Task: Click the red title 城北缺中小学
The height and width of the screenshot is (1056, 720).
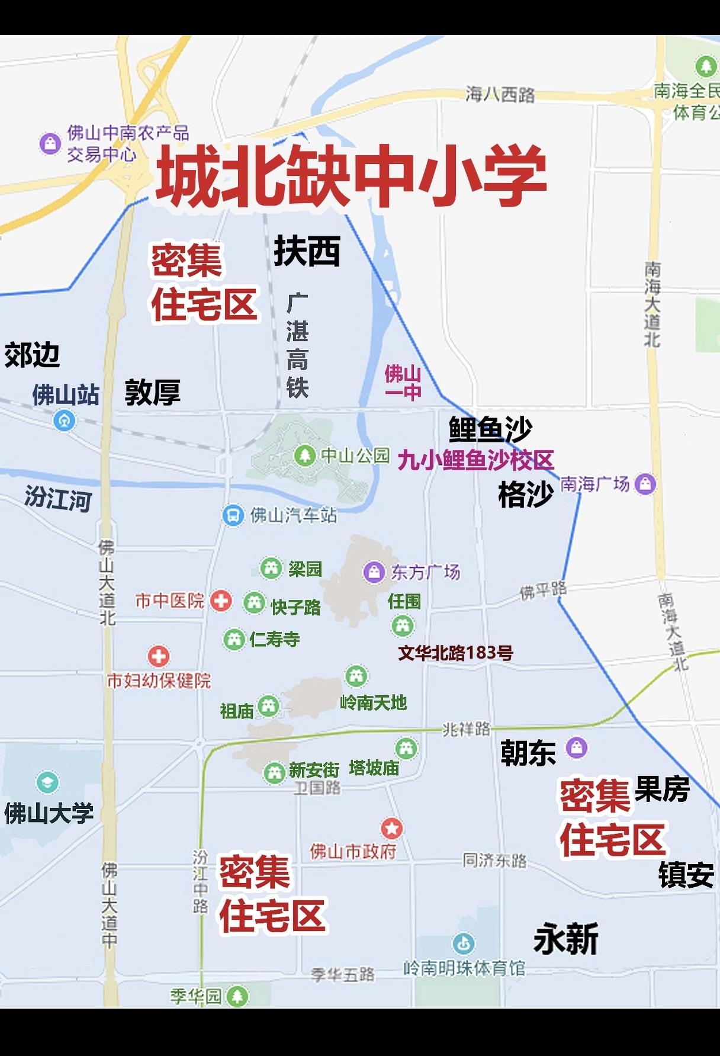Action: click(x=351, y=176)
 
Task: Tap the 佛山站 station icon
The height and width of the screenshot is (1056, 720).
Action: click(x=64, y=421)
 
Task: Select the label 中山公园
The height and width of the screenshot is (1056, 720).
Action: click(x=355, y=455)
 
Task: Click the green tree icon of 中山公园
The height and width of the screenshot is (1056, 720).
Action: click(x=305, y=455)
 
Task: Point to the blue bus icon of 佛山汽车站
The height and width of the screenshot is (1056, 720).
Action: click(x=233, y=515)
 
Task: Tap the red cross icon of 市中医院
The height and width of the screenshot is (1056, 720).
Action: click(x=221, y=601)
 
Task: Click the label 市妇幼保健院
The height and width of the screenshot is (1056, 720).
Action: click(x=159, y=681)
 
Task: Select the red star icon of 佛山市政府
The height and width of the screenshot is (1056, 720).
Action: click(x=391, y=828)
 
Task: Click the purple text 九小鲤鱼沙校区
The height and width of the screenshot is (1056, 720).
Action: click(x=475, y=460)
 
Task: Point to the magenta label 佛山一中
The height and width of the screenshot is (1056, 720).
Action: click(x=403, y=383)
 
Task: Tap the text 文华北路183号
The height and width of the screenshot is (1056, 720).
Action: click(x=455, y=653)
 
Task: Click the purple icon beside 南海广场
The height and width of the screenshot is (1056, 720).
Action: click(x=645, y=484)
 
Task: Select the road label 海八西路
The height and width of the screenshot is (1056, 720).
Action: click(x=500, y=94)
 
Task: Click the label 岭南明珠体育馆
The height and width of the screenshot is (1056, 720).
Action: click(x=464, y=968)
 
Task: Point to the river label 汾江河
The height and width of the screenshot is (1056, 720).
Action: click(x=58, y=498)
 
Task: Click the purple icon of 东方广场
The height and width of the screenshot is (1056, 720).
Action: click(x=374, y=572)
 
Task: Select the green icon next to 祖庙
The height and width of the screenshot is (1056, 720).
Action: click(x=268, y=706)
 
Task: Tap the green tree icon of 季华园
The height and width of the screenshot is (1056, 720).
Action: click(x=238, y=996)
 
